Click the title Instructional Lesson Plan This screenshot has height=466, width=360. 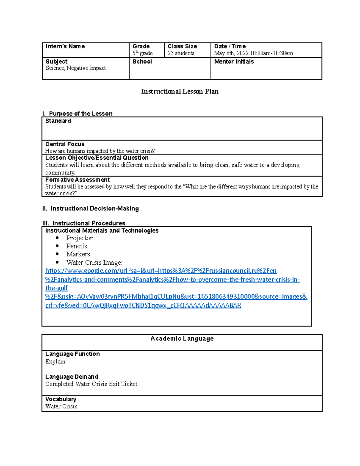click(180, 92)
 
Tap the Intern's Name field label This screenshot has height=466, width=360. click(65, 47)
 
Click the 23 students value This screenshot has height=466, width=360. click(181, 53)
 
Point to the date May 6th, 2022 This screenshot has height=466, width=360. click(231, 53)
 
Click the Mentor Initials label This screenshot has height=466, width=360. click(234, 62)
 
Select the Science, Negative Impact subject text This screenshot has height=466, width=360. click(76, 68)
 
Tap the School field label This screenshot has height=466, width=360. click(142, 62)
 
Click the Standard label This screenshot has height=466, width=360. click(58, 121)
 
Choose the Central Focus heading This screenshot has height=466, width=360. click(65, 144)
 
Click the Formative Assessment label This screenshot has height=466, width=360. click(77, 180)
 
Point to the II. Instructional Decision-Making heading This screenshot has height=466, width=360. click(91, 209)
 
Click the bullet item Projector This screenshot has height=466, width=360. click(79, 238)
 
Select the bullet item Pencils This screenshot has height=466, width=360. click(76, 246)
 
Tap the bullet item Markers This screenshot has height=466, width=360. click(78, 254)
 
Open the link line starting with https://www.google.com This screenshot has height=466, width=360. click(161, 271)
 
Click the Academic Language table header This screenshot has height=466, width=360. click(182, 338)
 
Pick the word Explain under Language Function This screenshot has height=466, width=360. click(55, 362)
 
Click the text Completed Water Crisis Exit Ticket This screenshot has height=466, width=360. click(91, 384)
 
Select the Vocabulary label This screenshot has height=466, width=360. click(61, 399)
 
